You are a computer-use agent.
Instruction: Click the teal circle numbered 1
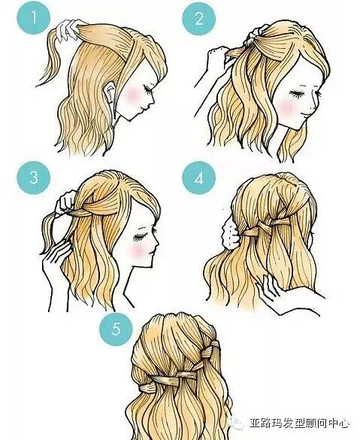pos(33,19)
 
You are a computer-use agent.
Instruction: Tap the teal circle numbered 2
pos(198,19)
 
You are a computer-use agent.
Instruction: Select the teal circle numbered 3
pos(33,178)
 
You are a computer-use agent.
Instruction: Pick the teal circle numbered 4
pos(198,178)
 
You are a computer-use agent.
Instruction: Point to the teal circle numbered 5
pos(116,329)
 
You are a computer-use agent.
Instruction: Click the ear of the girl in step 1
pos(110,92)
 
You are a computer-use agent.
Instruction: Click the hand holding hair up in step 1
pos(68,30)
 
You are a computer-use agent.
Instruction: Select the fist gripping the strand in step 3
pos(66,203)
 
